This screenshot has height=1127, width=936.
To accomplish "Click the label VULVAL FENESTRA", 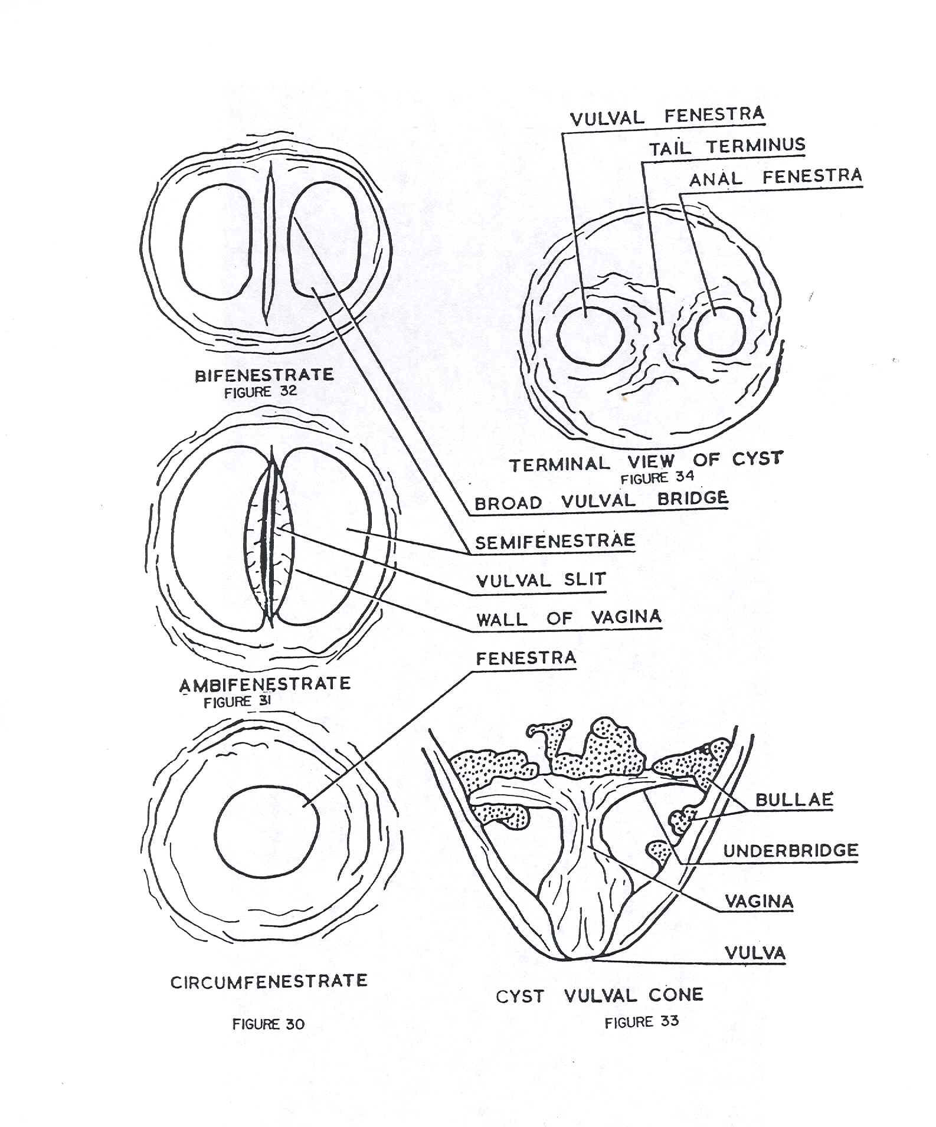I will [667, 116].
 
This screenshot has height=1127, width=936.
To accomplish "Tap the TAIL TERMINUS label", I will [727, 147].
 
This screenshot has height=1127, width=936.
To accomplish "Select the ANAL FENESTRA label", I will [775, 178].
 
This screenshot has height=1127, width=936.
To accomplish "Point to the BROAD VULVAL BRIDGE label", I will [601, 501].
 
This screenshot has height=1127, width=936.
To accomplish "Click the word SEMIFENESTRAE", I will [555, 541].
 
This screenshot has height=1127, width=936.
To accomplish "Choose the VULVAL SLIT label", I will [541, 580].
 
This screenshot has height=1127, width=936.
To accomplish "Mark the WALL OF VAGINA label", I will [569, 618].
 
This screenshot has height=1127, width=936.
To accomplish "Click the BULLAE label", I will [794, 800].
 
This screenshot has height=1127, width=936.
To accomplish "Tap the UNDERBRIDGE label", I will [791, 851].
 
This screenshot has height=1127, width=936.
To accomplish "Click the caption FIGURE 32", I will [260, 392].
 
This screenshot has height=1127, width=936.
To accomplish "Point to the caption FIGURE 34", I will [657, 477].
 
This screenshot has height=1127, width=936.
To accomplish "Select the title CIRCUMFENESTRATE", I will [269, 982].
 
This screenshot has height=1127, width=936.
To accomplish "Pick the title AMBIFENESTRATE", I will [265, 684].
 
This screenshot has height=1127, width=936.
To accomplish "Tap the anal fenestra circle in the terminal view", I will [719, 333].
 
